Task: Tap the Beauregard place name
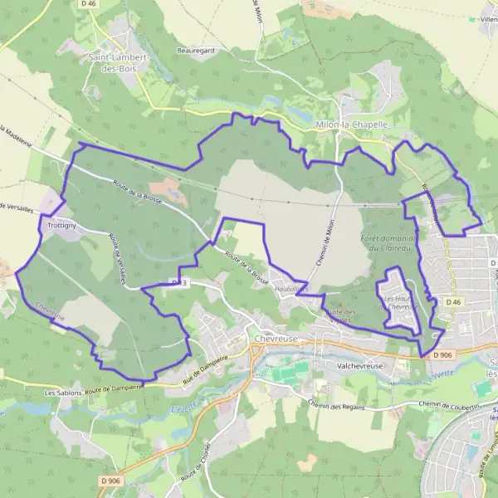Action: (x=195, y=50)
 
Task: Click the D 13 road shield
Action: (x=177, y=283)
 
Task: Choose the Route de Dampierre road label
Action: (x=112, y=387)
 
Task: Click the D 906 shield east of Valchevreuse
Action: (x=442, y=355)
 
